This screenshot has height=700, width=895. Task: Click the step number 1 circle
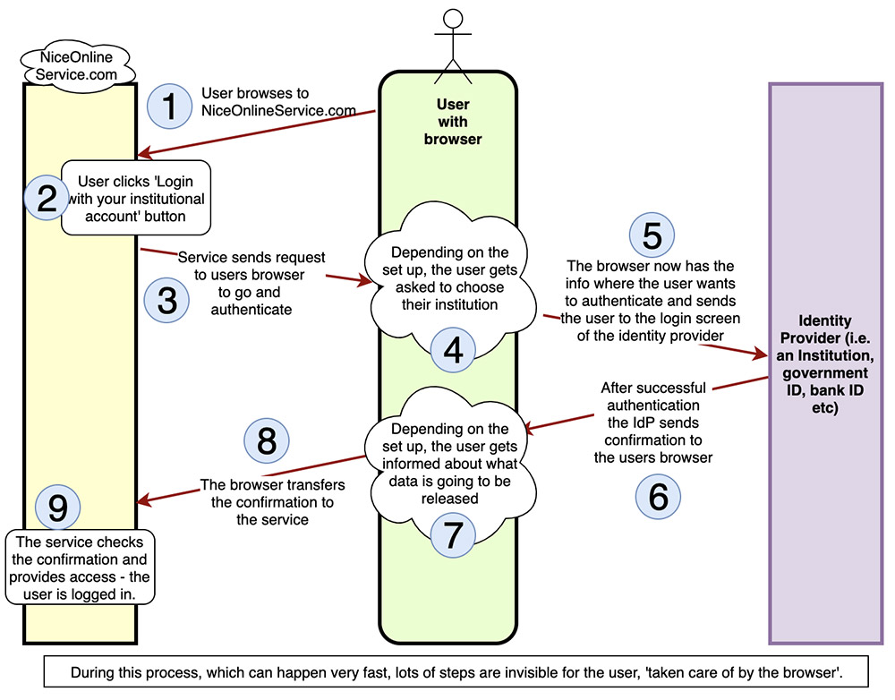pyautogui.click(x=169, y=107)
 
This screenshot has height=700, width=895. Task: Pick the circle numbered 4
pyautogui.click(x=454, y=349)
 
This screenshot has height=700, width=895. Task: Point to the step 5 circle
pyautogui.click(x=652, y=235)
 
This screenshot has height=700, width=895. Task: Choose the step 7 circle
pyautogui.click(x=454, y=534)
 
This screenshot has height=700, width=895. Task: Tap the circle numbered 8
pyautogui.click(x=268, y=440)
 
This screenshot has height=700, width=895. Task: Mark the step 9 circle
pyautogui.click(x=57, y=508)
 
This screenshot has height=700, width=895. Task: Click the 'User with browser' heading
pyautogui.click(x=453, y=122)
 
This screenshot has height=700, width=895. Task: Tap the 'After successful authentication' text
pyautogui.click(x=652, y=422)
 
